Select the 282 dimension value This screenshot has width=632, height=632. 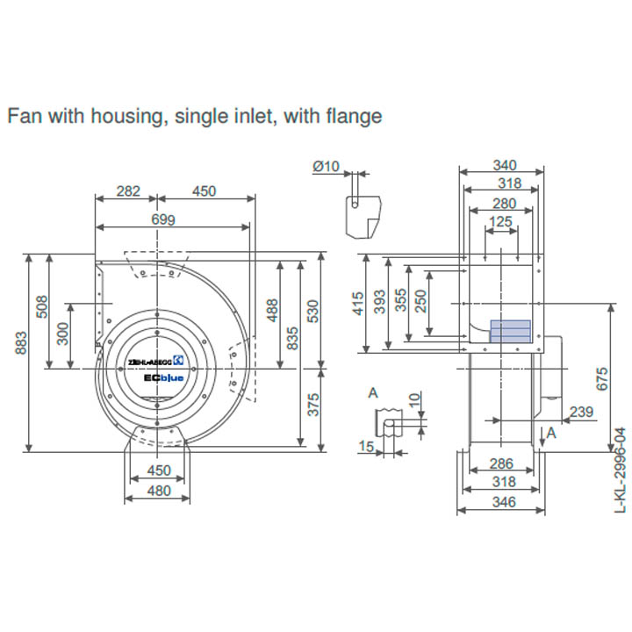click(x=128, y=191)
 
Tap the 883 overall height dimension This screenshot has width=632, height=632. click(x=20, y=348)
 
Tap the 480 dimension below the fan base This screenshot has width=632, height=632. click(x=158, y=492)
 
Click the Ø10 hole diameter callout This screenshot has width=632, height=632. click(x=326, y=167)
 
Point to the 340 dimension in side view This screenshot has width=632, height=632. click(x=504, y=165)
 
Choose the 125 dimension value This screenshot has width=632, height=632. click(x=500, y=222)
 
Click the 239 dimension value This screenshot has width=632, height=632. click(x=581, y=411)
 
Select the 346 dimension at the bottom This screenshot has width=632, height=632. click(x=504, y=502)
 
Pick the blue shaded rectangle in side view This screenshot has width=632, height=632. click(x=510, y=330)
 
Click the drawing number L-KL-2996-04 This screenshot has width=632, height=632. click(x=621, y=470)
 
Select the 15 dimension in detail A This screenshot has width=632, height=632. click(x=366, y=447)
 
